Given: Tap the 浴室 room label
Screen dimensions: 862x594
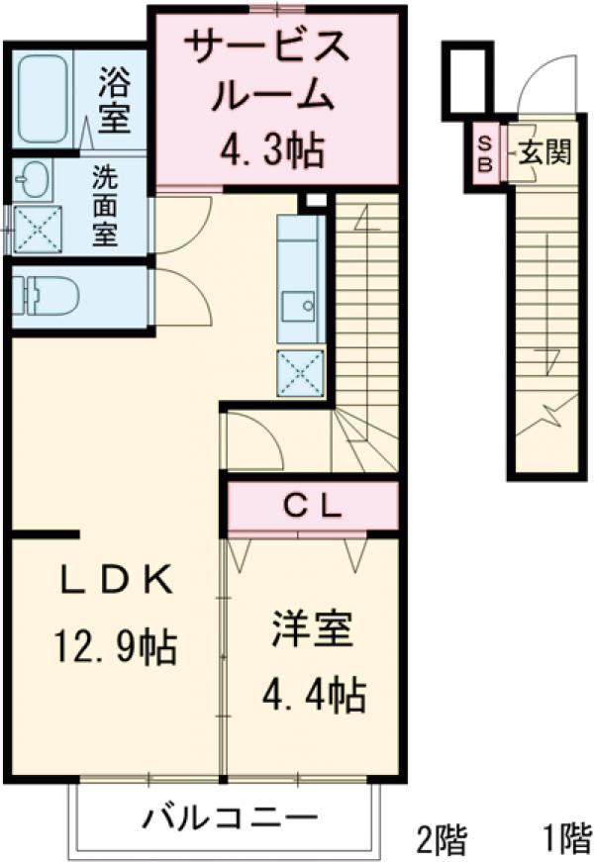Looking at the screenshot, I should (113, 102).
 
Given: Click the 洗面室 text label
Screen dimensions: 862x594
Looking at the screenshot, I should (105, 206).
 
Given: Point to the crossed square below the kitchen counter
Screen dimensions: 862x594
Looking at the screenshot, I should (300, 373).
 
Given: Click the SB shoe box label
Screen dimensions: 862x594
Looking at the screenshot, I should (485, 155).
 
